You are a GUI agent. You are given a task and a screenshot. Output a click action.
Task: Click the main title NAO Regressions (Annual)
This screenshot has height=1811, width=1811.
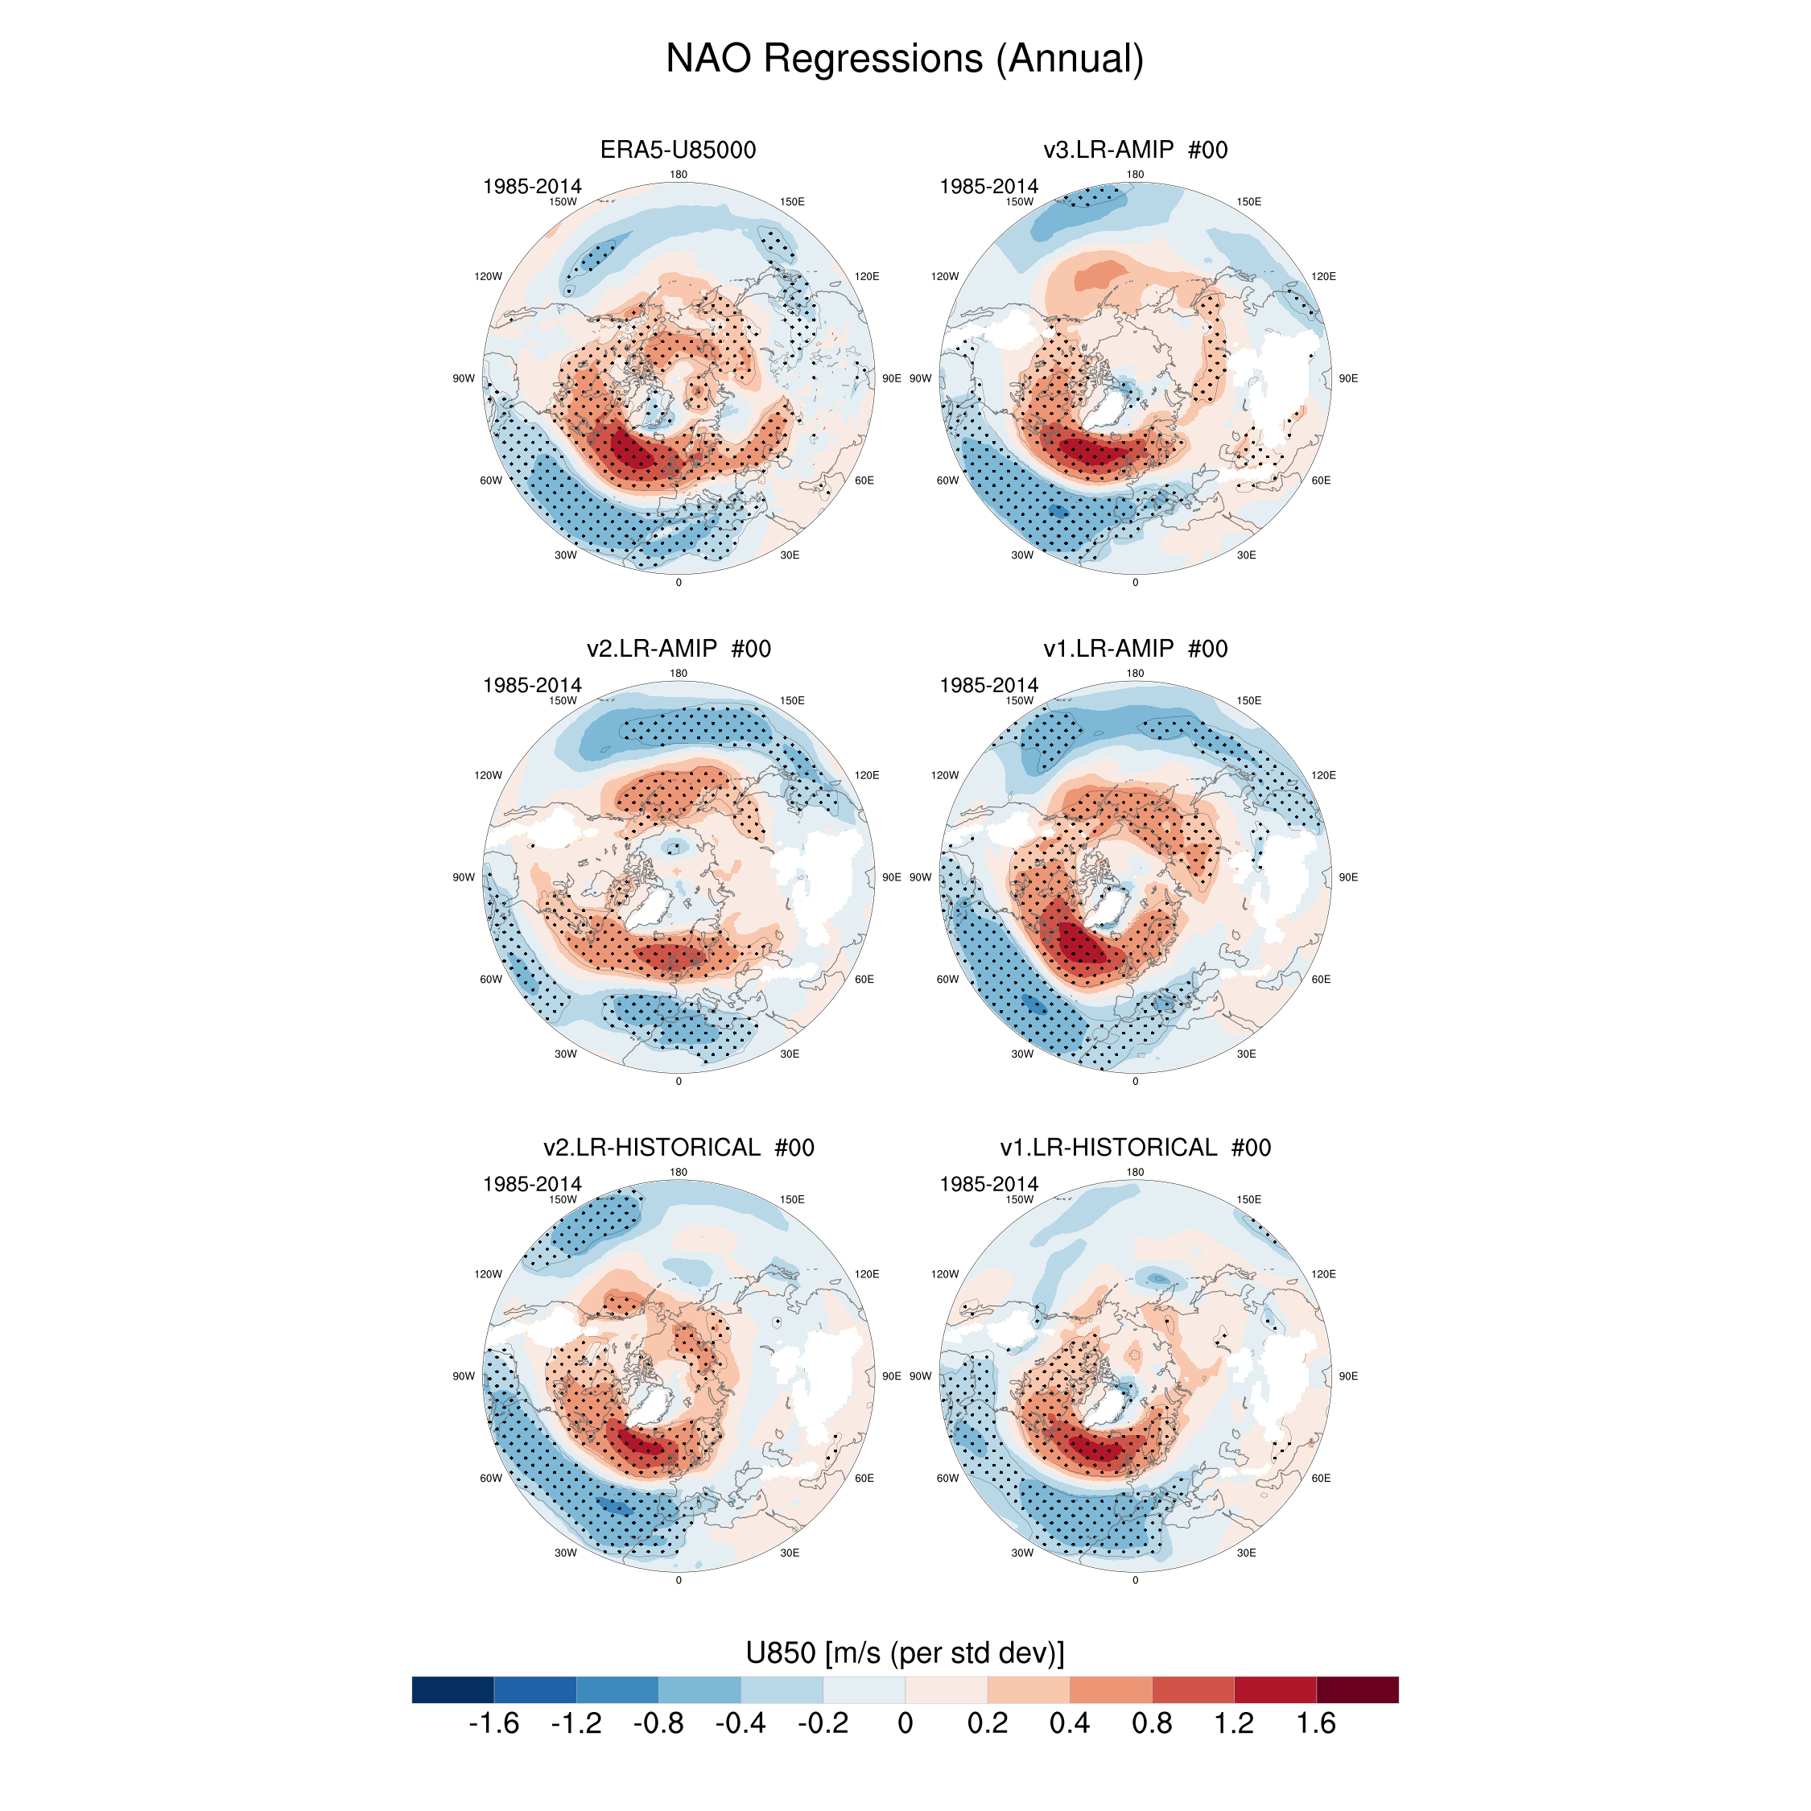[905, 58]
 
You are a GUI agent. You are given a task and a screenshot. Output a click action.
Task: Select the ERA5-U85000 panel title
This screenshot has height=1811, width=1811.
[678, 150]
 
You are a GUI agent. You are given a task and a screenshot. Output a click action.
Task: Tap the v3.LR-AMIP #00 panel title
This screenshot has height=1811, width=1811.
[1135, 150]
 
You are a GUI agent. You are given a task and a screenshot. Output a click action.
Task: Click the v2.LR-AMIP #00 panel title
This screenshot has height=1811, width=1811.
[678, 649]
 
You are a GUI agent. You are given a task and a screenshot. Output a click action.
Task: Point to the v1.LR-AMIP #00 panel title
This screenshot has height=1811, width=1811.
[1135, 649]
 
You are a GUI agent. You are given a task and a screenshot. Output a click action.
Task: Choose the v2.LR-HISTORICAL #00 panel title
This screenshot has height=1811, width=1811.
[678, 1147]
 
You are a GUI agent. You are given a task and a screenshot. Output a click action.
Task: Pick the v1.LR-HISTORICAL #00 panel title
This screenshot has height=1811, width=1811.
[1135, 1147]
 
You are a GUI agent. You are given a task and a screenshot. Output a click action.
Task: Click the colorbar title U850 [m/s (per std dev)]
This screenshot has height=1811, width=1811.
[905, 1652]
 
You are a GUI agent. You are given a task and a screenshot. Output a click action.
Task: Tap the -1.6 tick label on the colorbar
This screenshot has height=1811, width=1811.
[493, 1723]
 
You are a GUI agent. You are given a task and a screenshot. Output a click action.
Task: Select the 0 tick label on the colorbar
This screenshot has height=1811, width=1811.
[905, 1723]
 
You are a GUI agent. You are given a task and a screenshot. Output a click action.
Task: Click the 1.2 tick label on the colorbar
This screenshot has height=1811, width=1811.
[1234, 1723]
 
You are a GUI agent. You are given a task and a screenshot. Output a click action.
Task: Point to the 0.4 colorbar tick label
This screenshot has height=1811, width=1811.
[1069, 1723]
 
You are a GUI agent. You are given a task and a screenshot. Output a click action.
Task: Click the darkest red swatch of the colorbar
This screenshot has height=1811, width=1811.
[1357, 1689]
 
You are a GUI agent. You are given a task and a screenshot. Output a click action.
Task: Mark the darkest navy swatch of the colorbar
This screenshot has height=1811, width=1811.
[452, 1689]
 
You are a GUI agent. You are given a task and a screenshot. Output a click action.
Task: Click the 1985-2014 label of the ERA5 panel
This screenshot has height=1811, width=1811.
[531, 187]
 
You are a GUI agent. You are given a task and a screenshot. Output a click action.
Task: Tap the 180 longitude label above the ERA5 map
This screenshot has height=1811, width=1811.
[678, 175]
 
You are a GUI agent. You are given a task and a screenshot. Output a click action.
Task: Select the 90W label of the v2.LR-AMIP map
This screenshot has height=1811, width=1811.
[463, 877]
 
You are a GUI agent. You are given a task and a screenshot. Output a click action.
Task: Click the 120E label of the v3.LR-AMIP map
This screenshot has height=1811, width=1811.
[1322, 277]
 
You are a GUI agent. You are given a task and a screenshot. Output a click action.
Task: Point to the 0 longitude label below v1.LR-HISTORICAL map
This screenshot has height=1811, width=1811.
[1135, 1581]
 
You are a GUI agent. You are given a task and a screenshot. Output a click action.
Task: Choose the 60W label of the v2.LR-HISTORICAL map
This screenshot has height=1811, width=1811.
[490, 1479]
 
